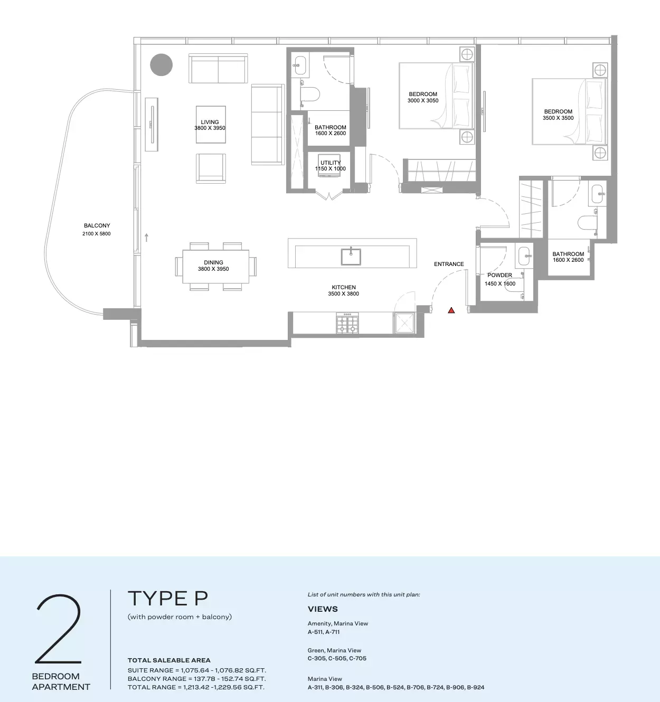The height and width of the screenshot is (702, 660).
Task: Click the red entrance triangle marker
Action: pyautogui.click(x=451, y=310)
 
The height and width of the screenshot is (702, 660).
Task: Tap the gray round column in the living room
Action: pyautogui.click(x=161, y=65)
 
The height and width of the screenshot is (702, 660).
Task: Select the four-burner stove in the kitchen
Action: pyautogui.click(x=347, y=323)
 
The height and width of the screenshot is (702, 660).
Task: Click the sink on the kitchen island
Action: pyautogui.click(x=351, y=257)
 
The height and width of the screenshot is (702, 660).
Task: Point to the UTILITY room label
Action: pyautogui.click(x=331, y=163)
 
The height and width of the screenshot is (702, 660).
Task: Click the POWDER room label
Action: pyautogui.click(x=499, y=275)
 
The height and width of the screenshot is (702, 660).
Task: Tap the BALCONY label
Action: pyautogui.click(x=97, y=225)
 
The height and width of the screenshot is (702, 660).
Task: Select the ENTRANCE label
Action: pyautogui.click(x=449, y=264)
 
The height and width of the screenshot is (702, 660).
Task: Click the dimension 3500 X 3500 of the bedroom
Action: pyautogui.click(x=558, y=118)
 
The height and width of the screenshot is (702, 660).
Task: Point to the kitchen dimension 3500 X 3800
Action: pyautogui.click(x=343, y=294)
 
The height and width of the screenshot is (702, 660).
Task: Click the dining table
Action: pyautogui.click(x=216, y=266)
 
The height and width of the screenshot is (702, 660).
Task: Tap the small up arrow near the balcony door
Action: pyautogui.click(x=146, y=238)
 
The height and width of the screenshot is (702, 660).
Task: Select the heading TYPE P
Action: pyautogui.click(x=168, y=598)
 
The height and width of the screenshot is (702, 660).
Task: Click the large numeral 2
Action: pyautogui.click(x=59, y=629)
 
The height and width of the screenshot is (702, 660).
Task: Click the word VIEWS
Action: pyautogui.click(x=323, y=609)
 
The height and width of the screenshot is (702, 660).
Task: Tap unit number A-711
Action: pyautogui.click(x=333, y=632)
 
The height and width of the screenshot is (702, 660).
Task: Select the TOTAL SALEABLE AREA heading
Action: pyautogui.click(x=169, y=660)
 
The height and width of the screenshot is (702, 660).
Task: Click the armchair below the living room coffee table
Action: pyautogui.click(x=211, y=168)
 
